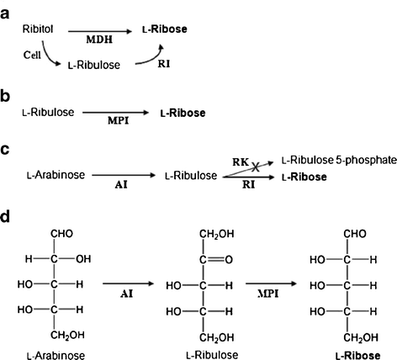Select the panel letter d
(7, 217)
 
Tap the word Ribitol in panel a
(37, 29)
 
